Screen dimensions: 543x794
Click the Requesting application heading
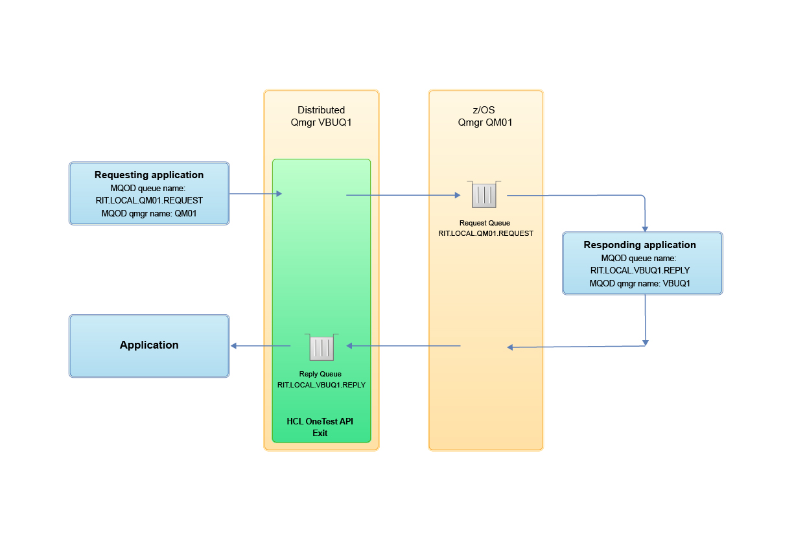pos(149,175)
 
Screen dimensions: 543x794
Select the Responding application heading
pos(640,245)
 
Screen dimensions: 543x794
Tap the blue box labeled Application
pos(149,345)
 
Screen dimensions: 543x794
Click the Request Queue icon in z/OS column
pos(485,194)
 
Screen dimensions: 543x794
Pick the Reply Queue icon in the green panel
pos(321,347)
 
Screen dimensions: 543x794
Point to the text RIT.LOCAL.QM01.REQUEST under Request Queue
pos(485,233)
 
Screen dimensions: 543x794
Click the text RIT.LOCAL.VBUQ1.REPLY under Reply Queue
pos(321,385)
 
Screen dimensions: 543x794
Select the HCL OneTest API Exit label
pos(320,427)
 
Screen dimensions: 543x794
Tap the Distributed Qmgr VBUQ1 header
pos(321,116)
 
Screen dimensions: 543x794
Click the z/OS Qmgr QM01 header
pos(485,116)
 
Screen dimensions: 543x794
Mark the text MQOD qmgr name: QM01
pos(149,213)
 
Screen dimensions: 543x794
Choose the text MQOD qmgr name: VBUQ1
pos(640,283)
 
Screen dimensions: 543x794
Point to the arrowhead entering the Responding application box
pos(645,227)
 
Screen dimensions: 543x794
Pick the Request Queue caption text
pos(485,223)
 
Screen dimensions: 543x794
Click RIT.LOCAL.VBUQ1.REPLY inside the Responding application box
pos(640,270)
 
